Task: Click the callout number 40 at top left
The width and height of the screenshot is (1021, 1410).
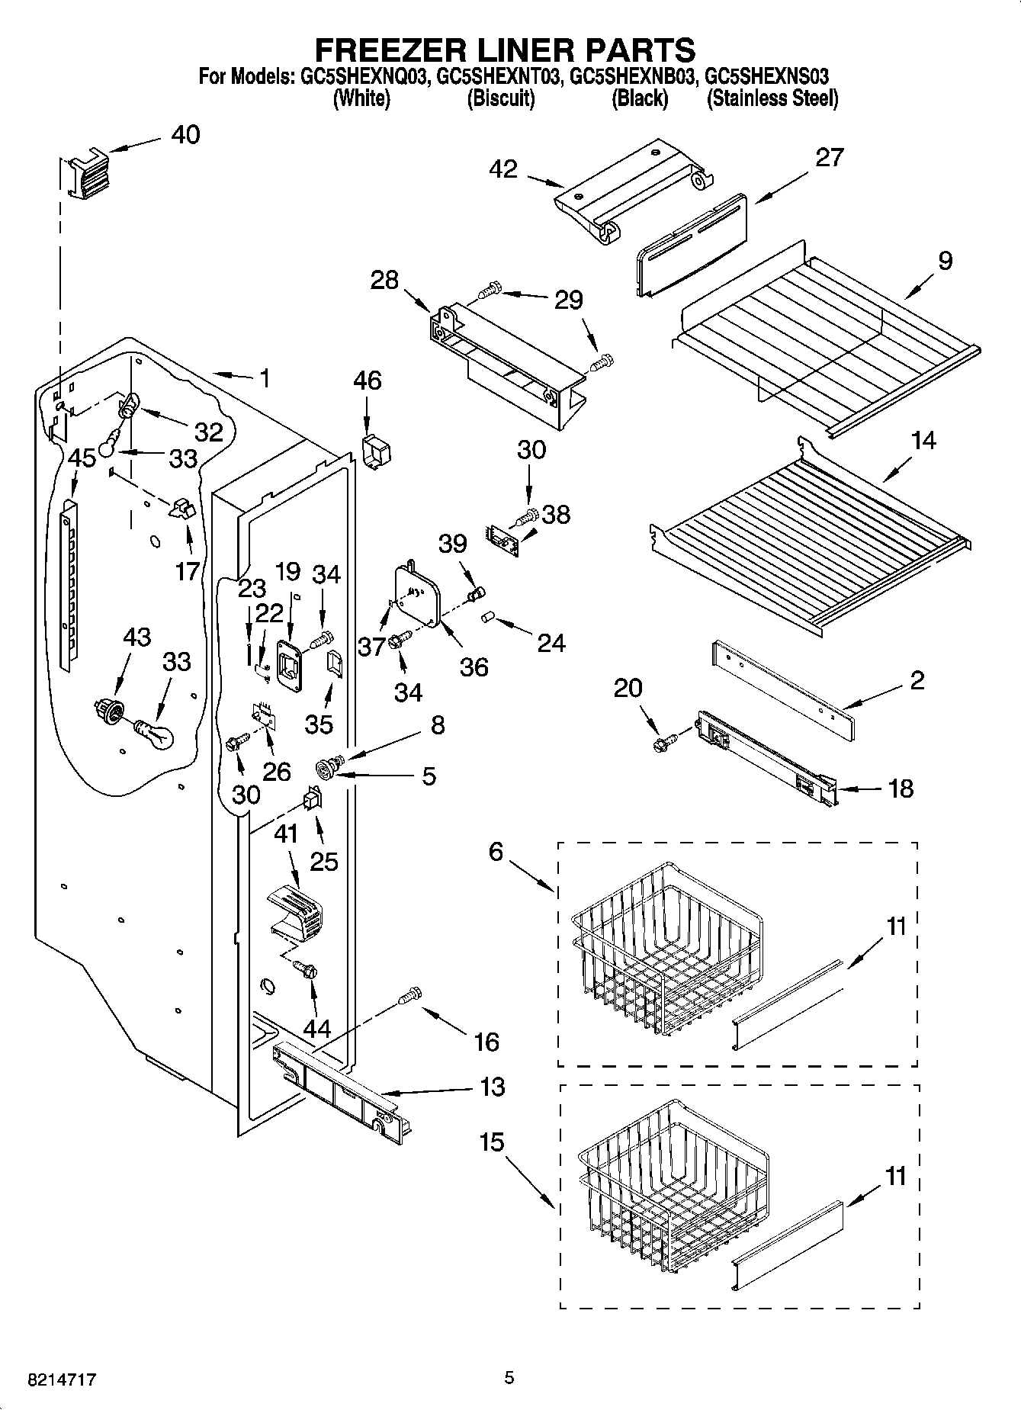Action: [x=185, y=135]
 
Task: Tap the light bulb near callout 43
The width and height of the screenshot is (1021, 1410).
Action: [x=155, y=734]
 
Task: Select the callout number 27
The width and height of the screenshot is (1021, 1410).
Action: [x=830, y=157]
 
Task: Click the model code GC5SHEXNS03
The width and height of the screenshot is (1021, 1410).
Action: [x=768, y=77]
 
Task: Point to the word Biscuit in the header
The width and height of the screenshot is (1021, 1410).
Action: [x=500, y=98]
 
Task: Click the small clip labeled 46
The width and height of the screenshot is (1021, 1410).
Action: [x=377, y=451]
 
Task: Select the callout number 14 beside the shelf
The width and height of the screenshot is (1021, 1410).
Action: [x=923, y=441]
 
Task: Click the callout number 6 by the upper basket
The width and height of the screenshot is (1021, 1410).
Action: [x=496, y=851]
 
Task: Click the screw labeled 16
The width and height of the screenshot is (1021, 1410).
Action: [x=410, y=995]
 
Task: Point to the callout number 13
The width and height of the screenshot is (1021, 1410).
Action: [x=493, y=1087]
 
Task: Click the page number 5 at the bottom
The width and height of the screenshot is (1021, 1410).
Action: [x=509, y=1377]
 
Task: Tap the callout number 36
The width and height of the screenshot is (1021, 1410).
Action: [x=474, y=667]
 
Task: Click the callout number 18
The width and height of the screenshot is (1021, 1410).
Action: [x=901, y=788]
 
